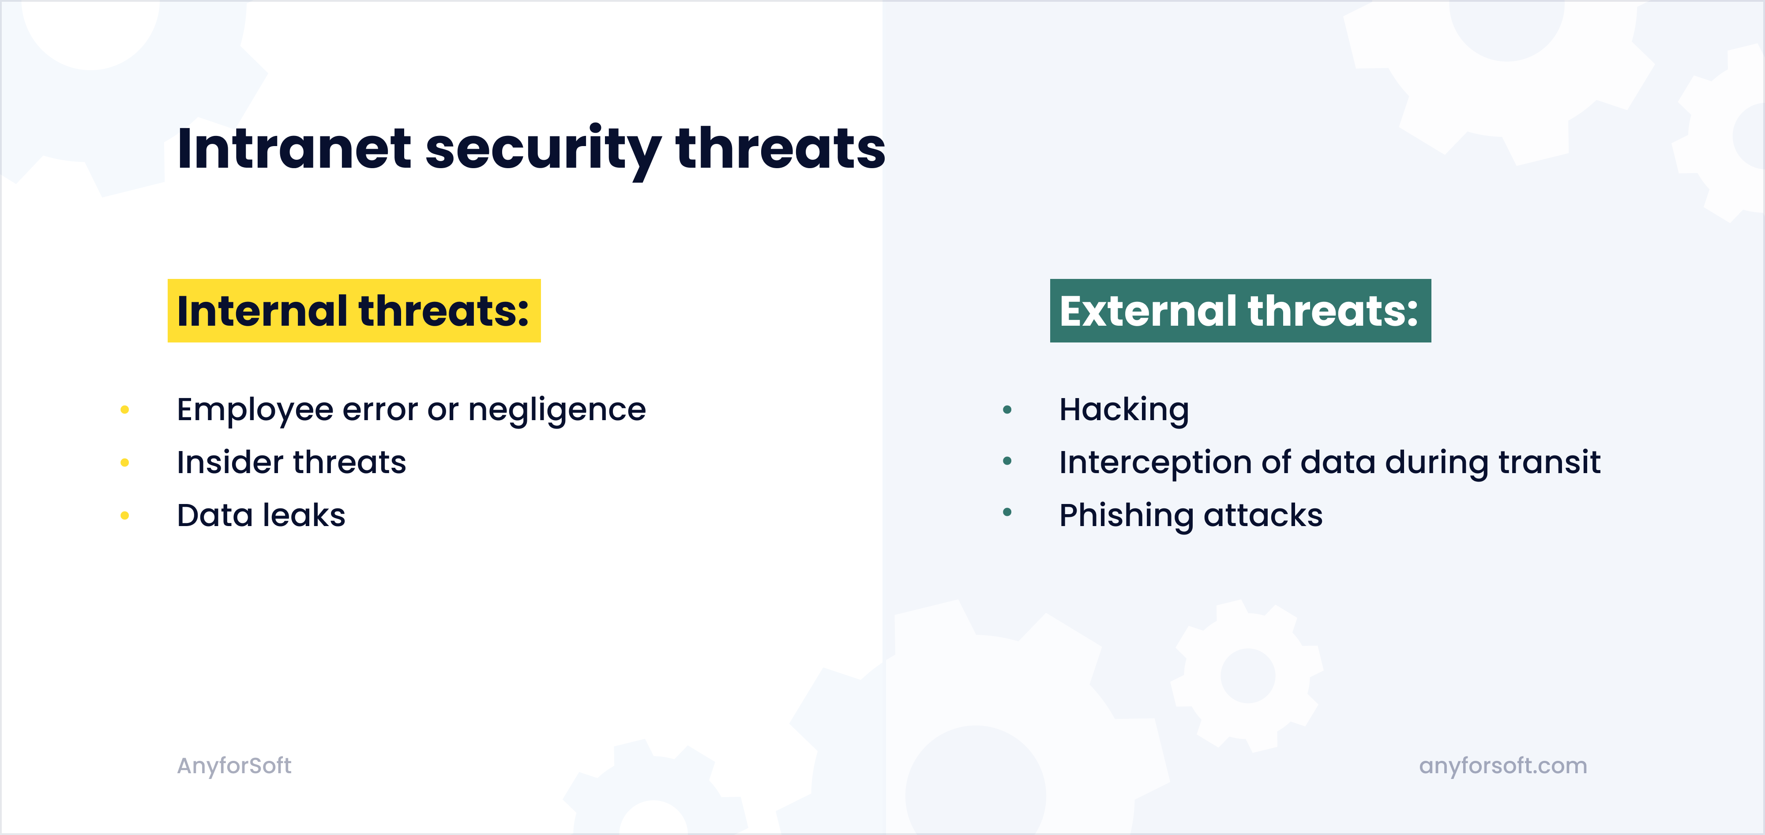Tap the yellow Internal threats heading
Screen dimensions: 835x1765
coord(353,311)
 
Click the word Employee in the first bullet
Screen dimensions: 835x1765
coord(255,410)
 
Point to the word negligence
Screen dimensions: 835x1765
coord(556,410)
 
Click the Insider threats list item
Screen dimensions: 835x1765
coord(291,462)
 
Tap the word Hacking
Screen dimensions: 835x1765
coord(1124,410)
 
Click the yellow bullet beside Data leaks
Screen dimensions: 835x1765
coord(125,515)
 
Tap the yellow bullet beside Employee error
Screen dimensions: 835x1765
coord(125,410)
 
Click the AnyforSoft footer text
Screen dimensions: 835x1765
coord(234,765)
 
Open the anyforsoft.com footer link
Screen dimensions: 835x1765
coord(1502,765)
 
